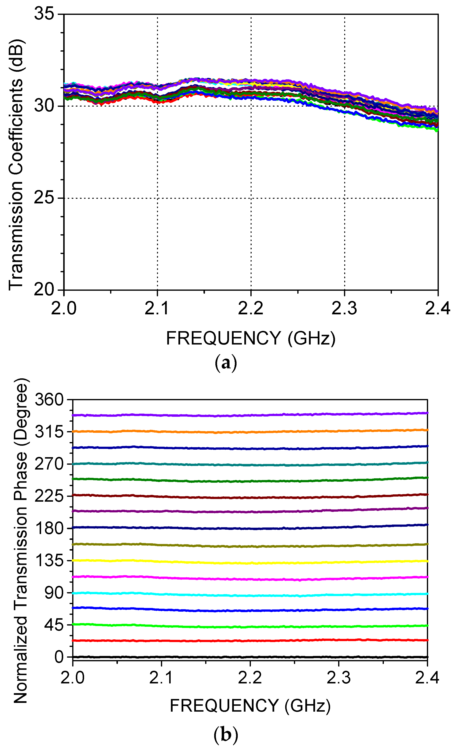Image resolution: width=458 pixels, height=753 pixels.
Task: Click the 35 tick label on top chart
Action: coord(44,14)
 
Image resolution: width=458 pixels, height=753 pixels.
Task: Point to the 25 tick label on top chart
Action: coord(44,198)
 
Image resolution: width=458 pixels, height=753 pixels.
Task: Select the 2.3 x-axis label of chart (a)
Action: coord(344,308)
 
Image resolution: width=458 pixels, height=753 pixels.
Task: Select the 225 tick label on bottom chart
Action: coord(49,496)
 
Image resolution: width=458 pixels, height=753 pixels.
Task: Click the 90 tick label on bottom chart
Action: coord(54,593)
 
